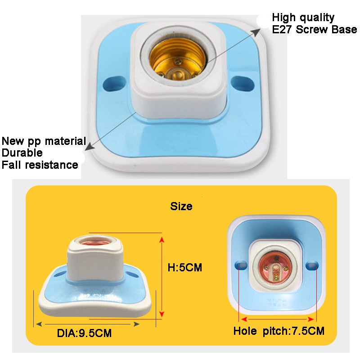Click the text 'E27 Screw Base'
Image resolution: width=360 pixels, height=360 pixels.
point(314,29)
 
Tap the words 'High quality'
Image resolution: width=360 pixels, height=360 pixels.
point(303,18)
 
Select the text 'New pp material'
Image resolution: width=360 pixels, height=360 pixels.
point(44,141)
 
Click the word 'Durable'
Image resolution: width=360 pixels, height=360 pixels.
point(22,153)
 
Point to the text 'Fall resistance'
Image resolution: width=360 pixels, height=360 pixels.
point(40,165)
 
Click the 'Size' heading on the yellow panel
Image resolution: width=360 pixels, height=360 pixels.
point(181,206)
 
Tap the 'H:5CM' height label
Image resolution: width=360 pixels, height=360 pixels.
point(185,267)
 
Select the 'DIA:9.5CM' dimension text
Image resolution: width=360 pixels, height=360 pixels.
point(84,333)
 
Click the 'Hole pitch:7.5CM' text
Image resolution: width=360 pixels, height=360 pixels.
point(279,331)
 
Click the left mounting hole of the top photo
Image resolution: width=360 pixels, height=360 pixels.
point(114,84)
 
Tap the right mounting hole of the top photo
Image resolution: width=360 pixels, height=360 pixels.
point(242,83)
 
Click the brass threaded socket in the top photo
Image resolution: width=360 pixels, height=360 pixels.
point(177,59)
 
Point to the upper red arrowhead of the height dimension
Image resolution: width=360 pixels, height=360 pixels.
point(162,240)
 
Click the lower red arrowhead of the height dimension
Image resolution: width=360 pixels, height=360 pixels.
point(162,314)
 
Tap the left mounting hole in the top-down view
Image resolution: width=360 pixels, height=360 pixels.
point(241,265)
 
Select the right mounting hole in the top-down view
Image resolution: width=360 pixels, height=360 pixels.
point(312,265)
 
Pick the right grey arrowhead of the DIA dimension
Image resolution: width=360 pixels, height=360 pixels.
point(136,324)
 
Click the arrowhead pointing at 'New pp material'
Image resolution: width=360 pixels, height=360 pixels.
point(87,148)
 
